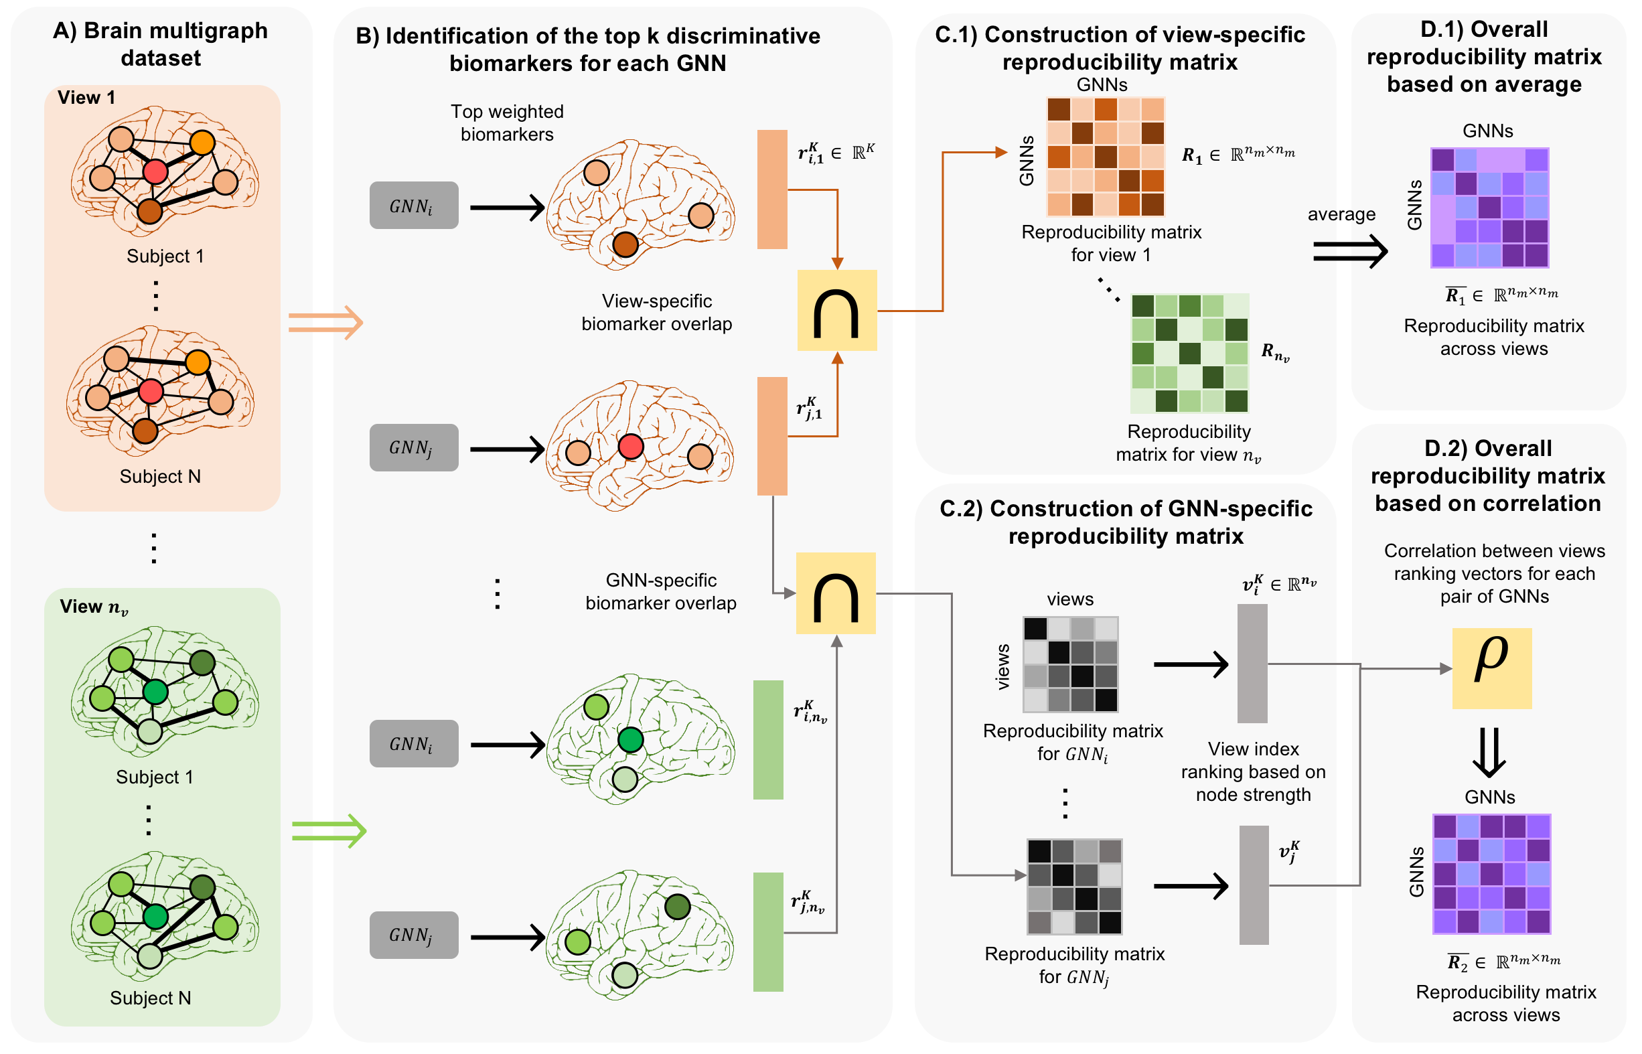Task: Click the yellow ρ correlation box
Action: pyautogui.click(x=1491, y=668)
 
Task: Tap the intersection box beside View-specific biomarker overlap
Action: pyautogui.click(x=836, y=310)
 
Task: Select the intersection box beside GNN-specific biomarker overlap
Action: pyautogui.click(x=835, y=593)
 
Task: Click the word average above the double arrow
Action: pyautogui.click(x=1341, y=214)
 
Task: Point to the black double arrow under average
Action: pyautogui.click(x=1349, y=251)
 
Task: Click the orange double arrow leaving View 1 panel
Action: pyautogui.click(x=325, y=321)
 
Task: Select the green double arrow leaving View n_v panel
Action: pyautogui.click(x=329, y=830)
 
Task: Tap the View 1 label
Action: pyautogui.click(x=86, y=97)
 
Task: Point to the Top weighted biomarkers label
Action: pyautogui.click(x=506, y=123)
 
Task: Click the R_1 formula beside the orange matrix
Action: pyautogui.click(x=1238, y=155)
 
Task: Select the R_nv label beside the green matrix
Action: pyautogui.click(x=1274, y=352)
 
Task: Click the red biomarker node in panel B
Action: pyautogui.click(x=630, y=446)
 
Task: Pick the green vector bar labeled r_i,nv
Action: pyautogui.click(x=768, y=739)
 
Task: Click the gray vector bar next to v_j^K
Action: pyautogui.click(x=1253, y=885)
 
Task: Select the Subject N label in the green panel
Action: pyautogui.click(x=151, y=997)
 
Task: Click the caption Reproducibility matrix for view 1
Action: pyautogui.click(x=1111, y=243)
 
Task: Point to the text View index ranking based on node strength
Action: pyautogui.click(x=1252, y=771)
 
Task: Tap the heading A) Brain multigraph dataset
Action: pyautogui.click(x=161, y=44)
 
